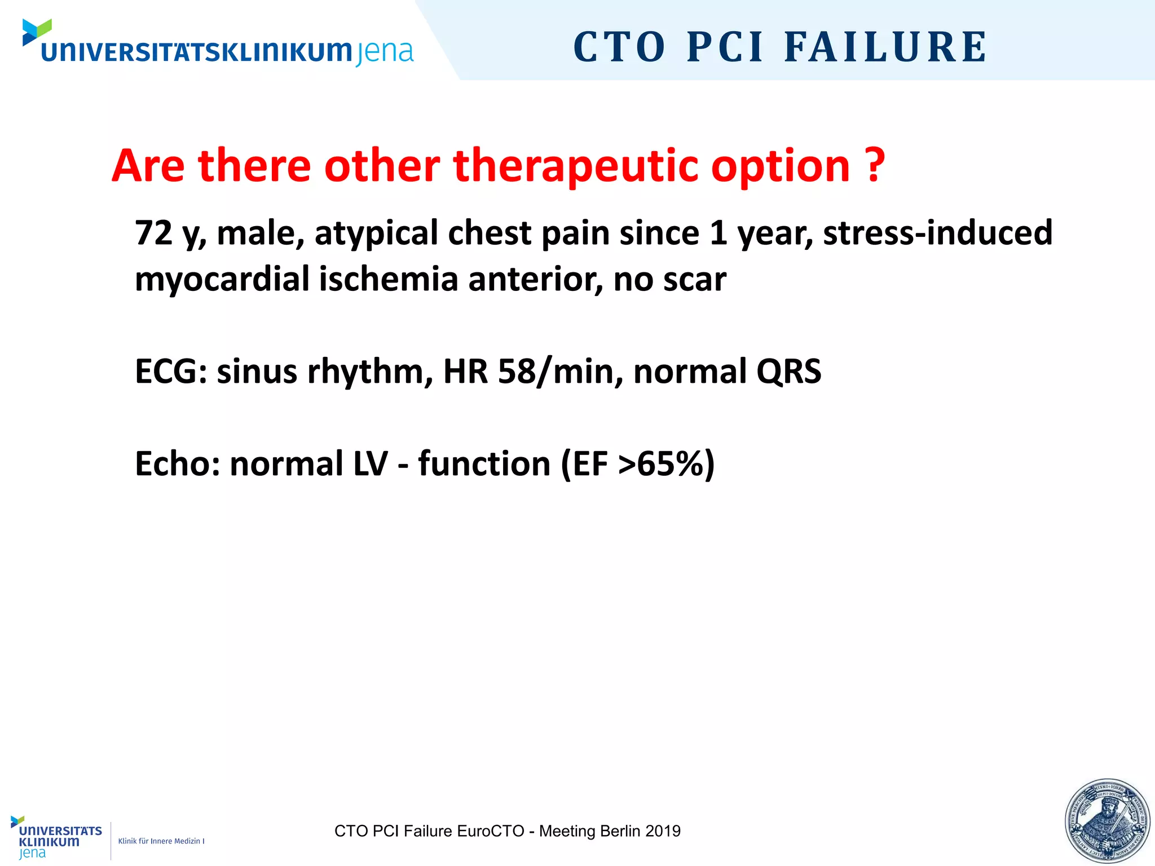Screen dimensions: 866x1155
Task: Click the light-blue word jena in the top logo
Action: (x=385, y=52)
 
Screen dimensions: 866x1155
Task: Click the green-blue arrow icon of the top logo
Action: (x=37, y=32)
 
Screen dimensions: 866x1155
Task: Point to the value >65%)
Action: (x=666, y=463)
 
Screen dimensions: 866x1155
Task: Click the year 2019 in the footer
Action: (x=663, y=831)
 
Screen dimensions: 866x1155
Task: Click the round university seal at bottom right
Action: (x=1107, y=821)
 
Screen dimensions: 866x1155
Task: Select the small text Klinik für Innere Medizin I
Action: (x=161, y=841)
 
